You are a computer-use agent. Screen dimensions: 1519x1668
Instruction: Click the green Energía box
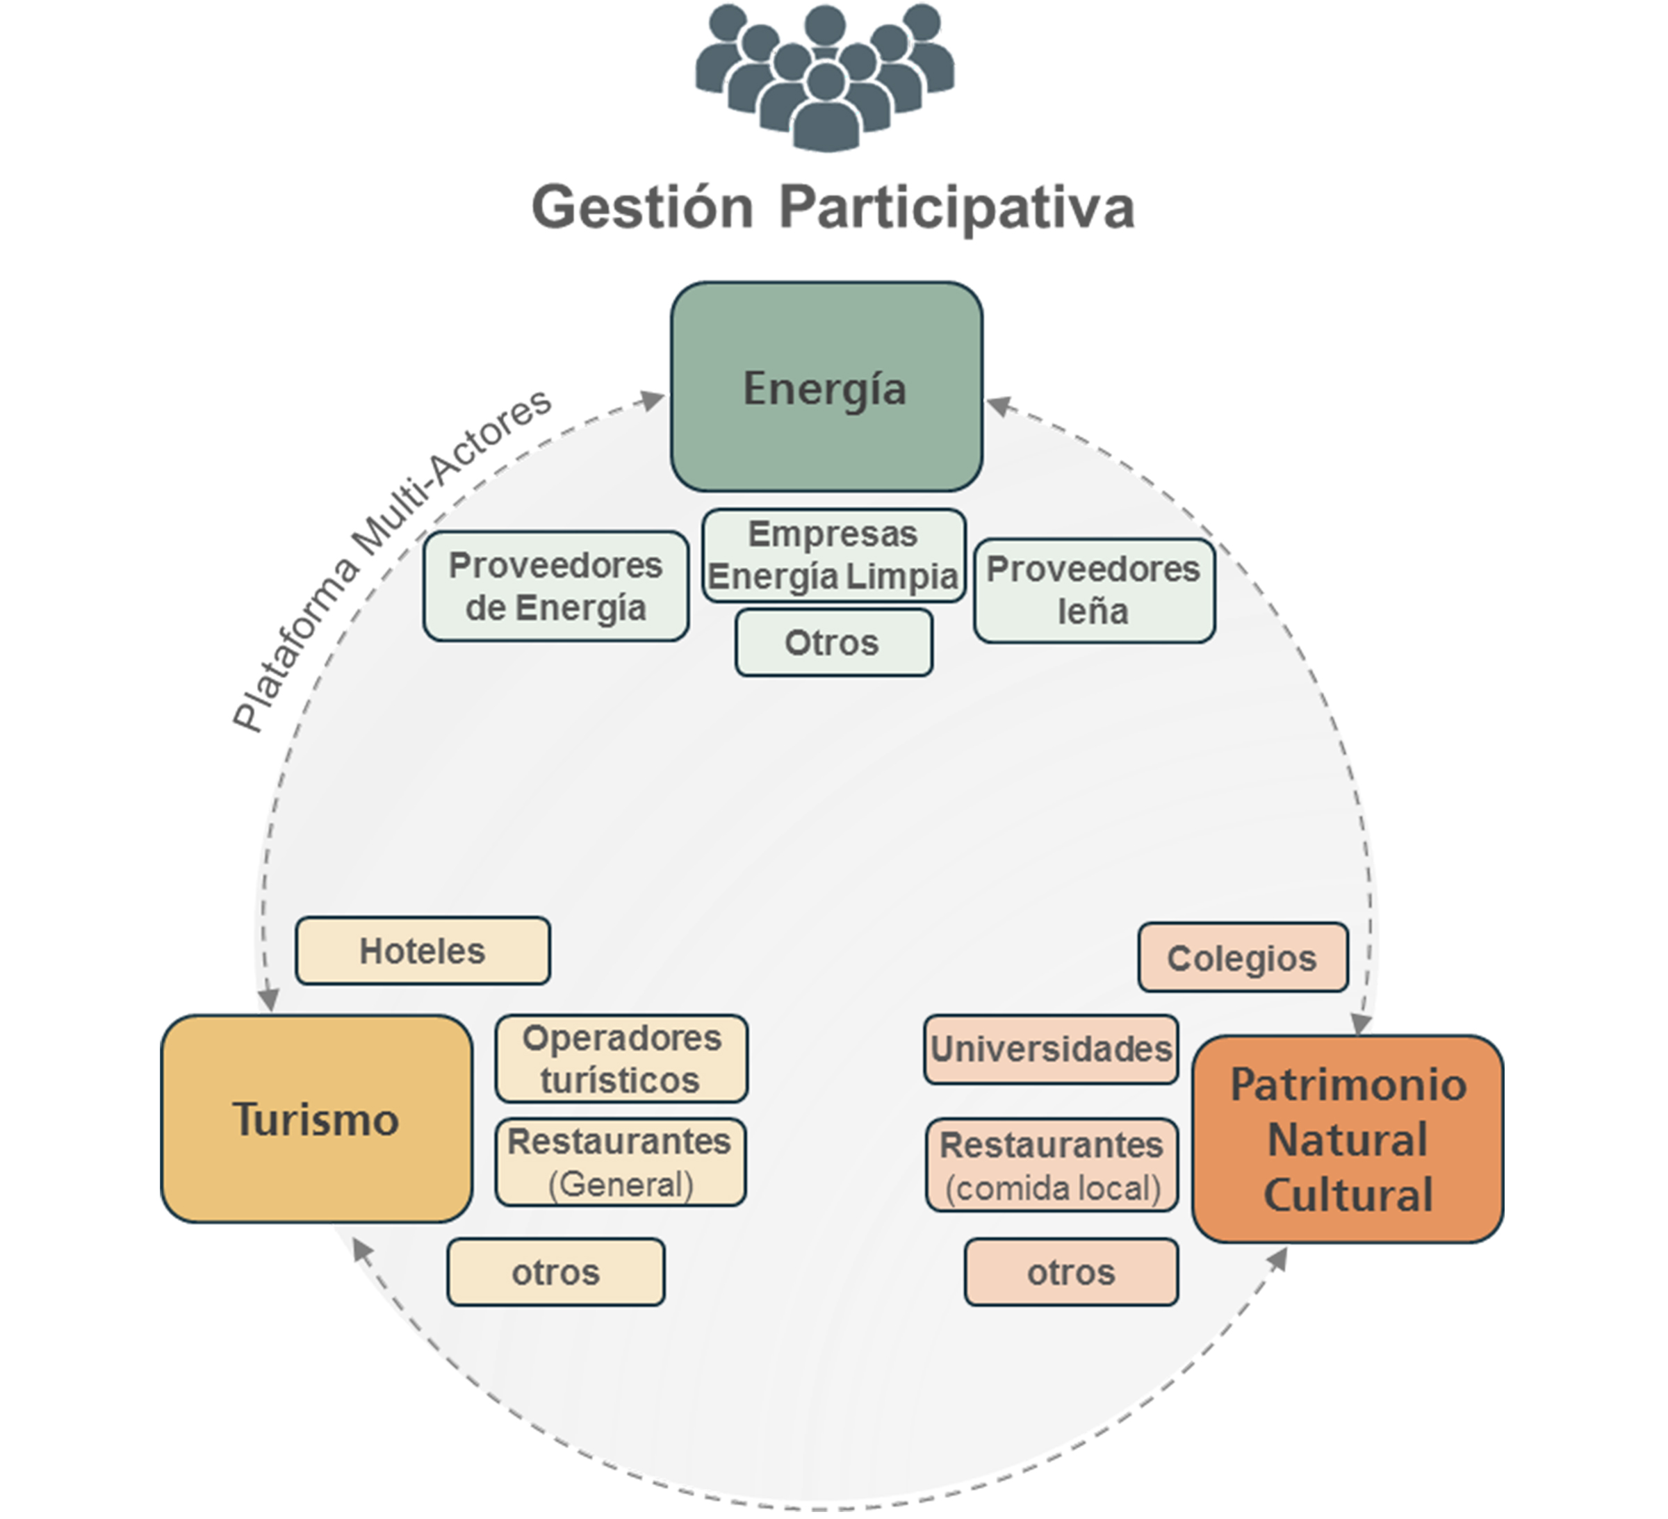coord(826,386)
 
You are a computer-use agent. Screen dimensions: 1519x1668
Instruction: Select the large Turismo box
coord(316,1119)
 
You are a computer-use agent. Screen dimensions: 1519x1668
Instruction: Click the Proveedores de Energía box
coord(555,586)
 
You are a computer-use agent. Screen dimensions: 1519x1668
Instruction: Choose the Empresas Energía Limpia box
coord(833,555)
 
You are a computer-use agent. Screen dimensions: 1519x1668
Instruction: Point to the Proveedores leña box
coord(1093,590)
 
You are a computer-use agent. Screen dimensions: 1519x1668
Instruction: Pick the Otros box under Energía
coord(833,643)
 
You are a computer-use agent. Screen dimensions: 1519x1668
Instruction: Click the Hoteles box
coord(422,951)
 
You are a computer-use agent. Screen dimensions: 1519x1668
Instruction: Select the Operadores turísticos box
coord(621,1058)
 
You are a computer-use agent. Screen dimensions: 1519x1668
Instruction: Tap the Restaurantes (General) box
coord(621,1163)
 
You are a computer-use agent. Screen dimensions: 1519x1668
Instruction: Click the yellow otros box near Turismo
coord(555,1272)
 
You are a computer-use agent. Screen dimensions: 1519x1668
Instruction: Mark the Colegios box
coord(1242,958)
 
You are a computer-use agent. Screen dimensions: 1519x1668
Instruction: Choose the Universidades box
coord(1051,1049)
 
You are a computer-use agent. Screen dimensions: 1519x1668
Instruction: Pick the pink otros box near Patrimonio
coord(1070,1272)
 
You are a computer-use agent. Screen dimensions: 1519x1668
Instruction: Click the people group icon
coord(825,79)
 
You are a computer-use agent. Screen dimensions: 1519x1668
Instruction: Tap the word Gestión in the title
coord(642,207)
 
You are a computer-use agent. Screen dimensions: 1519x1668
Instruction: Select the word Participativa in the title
coord(956,207)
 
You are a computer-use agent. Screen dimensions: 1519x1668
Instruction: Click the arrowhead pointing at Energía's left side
coord(655,400)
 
